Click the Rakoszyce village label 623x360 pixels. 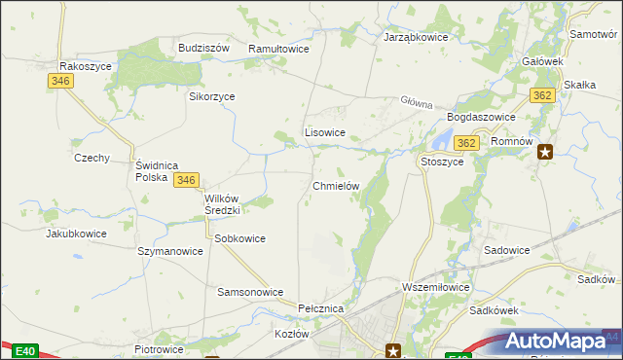pyautogui.click(x=87, y=66)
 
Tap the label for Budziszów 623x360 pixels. pyautogui.click(x=203, y=48)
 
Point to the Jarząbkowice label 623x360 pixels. pyautogui.click(x=416, y=37)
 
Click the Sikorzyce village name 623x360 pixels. pyautogui.click(x=212, y=96)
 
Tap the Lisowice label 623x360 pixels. pyautogui.click(x=325, y=132)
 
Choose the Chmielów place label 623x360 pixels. pyautogui.click(x=337, y=185)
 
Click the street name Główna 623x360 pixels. pyautogui.click(x=416, y=101)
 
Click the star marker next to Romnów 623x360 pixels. pyautogui.click(x=546, y=151)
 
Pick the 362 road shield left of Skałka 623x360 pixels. pyautogui.click(x=543, y=94)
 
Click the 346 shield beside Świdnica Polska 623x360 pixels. pyautogui.click(x=188, y=180)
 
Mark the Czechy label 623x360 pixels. pyautogui.click(x=92, y=158)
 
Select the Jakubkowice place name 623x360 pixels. pyautogui.click(x=75, y=234)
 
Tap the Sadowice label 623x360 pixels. pyautogui.click(x=506, y=250)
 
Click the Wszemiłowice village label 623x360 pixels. pyautogui.click(x=436, y=288)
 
